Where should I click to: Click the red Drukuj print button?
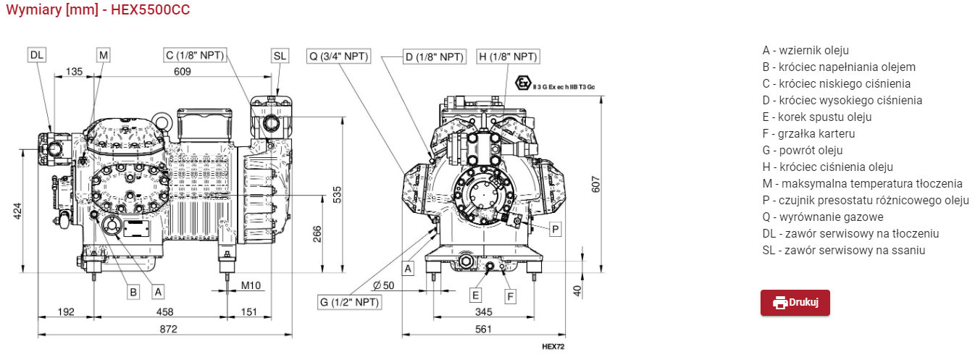click(x=795, y=303)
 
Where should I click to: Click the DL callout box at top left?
click(x=37, y=55)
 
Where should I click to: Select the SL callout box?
click(x=280, y=56)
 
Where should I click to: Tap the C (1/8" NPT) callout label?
click(x=194, y=55)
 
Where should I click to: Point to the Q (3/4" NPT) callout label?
click(x=338, y=56)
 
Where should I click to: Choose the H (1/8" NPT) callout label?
click(x=507, y=56)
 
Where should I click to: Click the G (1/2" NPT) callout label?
click(x=349, y=301)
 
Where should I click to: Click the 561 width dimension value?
click(x=483, y=329)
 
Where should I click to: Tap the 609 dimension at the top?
click(x=182, y=71)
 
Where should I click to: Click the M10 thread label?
click(x=251, y=285)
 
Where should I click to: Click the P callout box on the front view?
click(x=555, y=229)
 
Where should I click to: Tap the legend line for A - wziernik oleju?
click(x=805, y=50)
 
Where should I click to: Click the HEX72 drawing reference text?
click(x=553, y=346)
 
